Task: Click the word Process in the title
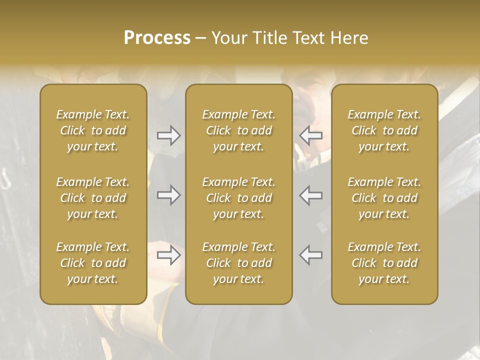click(x=157, y=37)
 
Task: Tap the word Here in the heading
click(x=348, y=37)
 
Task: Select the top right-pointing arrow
click(x=168, y=135)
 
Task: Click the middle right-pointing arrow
click(x=168, y=195)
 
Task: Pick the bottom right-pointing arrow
click(x=168, y=255)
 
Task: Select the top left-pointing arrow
click(x=311, y=135)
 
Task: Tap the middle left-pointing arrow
click(x=311, y=195)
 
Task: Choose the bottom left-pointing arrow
click(x=311, y=255)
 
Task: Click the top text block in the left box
click(x=93, y=130)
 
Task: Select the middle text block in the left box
click(x=93, y=198)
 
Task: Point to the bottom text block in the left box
click(x=93, y=263)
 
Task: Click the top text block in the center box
click(x=239, y=130)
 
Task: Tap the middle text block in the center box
click(x=239, y=198)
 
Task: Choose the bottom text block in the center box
click(x=239, y=263)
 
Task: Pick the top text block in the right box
click(x=384, y=130)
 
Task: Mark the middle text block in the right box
click(x=384, y=198)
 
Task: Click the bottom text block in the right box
click(x=384, y=263)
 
